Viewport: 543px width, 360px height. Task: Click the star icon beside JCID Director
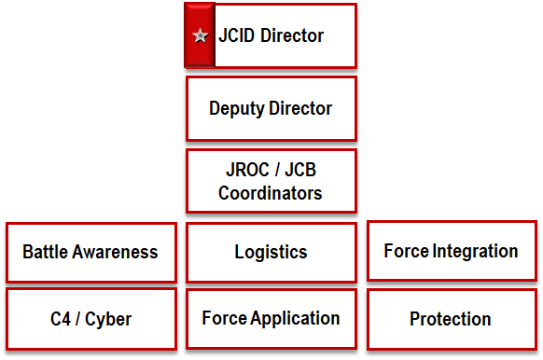click(x=199, y=36)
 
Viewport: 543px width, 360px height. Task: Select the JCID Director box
click(x=271, y=35)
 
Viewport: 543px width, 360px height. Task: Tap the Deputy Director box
click(x=271, y=108)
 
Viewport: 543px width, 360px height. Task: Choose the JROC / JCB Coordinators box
click(x=271, y=181)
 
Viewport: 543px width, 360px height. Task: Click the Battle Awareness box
click(x=90, y=252)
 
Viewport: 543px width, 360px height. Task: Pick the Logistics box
click(x=271, y=252)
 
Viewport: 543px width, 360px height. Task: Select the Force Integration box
click(x=452, y=251)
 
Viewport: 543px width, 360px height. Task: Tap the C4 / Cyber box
click(x=90, y=319)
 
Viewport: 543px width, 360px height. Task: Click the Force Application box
click(x=271, y=318)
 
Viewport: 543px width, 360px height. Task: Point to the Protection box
click(x=451, y=319)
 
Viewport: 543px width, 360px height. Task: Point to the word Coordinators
click(x=271, y=193)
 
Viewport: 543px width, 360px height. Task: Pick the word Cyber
click(x=107, y=319)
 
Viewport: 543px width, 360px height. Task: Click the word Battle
click(x=45, y=252)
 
